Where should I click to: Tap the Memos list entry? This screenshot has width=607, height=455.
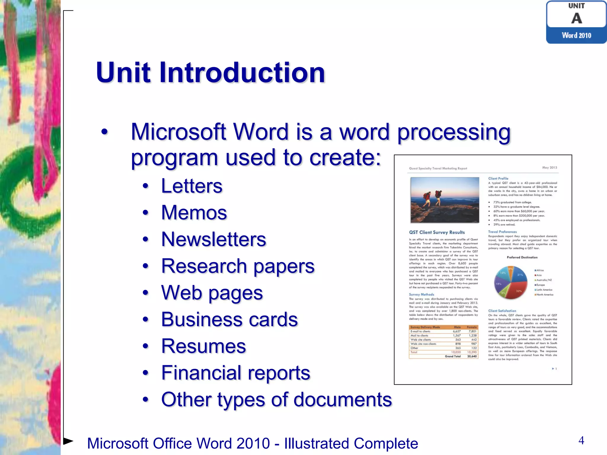pos(194,213)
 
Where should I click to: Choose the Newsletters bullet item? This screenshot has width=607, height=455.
pos(213,239)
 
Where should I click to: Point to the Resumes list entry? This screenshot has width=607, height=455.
pos(203,346)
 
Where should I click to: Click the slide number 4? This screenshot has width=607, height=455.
pos(581,440)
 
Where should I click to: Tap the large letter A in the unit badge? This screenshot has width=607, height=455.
pos(576,18)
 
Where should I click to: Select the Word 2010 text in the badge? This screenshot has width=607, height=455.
pos(576,36)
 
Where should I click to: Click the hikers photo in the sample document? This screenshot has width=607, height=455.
pos(445,200)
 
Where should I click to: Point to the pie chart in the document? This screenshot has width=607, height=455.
pos(511,283)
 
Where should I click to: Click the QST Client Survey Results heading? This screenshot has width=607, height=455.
pos(437,232)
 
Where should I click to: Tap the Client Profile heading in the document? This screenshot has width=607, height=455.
pos(498,178)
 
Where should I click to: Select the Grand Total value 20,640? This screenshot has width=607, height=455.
pos(472,356)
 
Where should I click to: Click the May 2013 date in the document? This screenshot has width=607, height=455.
pos(550,168)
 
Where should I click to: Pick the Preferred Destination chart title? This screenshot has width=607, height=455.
pos(522,257)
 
